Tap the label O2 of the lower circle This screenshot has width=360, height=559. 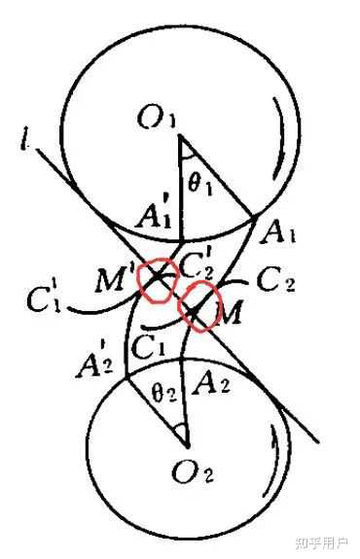pos(193,472)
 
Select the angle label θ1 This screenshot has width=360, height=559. pos(199,185)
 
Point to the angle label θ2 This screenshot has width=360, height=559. pos(163,393)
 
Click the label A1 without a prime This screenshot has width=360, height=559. pos(278,232)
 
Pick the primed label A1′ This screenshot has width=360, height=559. pos(154,215)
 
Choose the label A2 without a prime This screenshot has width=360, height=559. pos(210,382)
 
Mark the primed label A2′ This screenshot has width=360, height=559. pos(94,363)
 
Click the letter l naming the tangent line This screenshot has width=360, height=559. pos(25,142)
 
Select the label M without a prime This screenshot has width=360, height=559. pos(229,312)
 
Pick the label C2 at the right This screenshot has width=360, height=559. pos(275,281)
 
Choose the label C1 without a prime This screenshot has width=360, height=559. pos(149,346)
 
